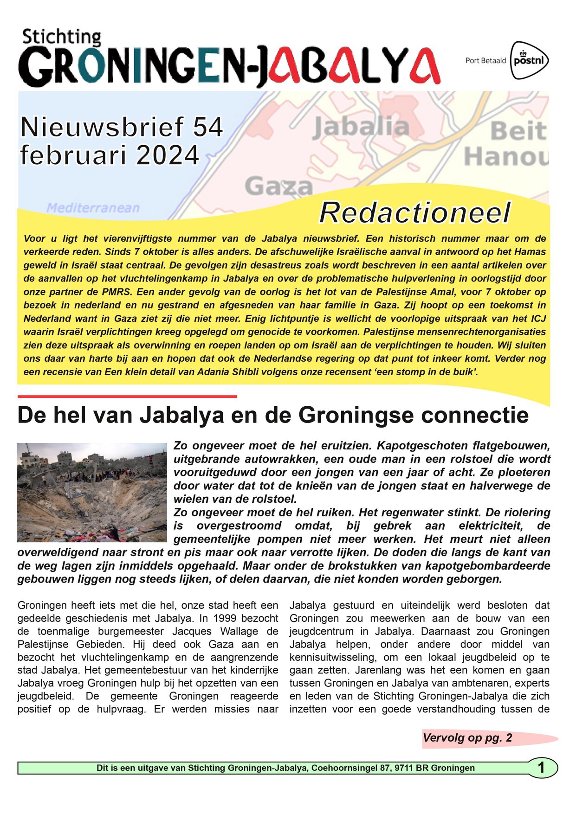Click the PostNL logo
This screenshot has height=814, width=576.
529,60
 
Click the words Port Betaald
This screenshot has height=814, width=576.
485,61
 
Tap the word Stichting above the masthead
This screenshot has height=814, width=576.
62,37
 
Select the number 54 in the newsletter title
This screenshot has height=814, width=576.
207,127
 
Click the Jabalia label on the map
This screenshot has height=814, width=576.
361,127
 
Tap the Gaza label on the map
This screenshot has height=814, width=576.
278,186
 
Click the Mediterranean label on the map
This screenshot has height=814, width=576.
93,208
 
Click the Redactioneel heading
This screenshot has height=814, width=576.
414,213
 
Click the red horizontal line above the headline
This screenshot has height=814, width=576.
127,397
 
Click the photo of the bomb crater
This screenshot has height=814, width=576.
92,493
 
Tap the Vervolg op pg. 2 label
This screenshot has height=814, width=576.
467,738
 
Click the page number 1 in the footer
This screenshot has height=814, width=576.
541,768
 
